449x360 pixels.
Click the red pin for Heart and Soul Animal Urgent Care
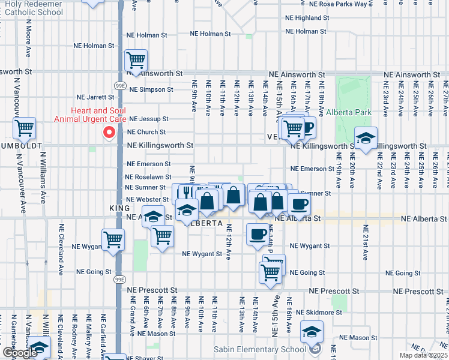point(109,133)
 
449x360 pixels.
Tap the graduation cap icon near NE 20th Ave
point(365,139)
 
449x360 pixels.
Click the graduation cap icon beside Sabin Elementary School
point(312,332)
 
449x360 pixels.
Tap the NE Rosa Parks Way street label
point(335,4)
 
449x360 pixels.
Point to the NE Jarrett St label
point(95,97)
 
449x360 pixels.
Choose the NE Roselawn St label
point(148,178)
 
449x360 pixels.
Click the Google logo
point(19,353)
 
